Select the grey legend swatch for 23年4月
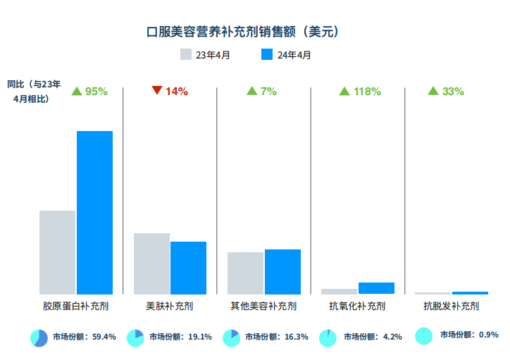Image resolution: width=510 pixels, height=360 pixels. click(186, 54)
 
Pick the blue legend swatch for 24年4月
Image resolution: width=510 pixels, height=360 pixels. click(266, 54)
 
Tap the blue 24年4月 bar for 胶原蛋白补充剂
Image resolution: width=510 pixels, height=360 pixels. click(94, 212)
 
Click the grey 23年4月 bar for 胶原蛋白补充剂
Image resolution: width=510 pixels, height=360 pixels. click(57, 252)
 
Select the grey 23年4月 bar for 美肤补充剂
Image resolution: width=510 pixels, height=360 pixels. click(151, 263)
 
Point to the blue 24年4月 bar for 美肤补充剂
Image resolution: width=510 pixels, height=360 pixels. click(188, 267)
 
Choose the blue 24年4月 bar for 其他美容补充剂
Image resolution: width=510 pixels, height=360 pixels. click(282, 271)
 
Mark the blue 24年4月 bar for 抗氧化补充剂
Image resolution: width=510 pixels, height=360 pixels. click(376, 287)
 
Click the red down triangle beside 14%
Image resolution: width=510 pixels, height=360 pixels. click(157, 90)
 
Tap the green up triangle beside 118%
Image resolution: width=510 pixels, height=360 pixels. click(344, 91)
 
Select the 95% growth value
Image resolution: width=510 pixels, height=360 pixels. click(96, 92)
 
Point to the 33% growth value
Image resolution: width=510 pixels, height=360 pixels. click(453, 92)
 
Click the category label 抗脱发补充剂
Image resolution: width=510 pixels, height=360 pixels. click(451, 306)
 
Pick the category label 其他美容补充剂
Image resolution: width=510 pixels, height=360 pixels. click(263, 306)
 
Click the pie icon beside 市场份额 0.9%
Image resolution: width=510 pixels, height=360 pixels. click(424, 335)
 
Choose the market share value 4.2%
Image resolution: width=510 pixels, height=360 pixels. click(392, 337)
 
